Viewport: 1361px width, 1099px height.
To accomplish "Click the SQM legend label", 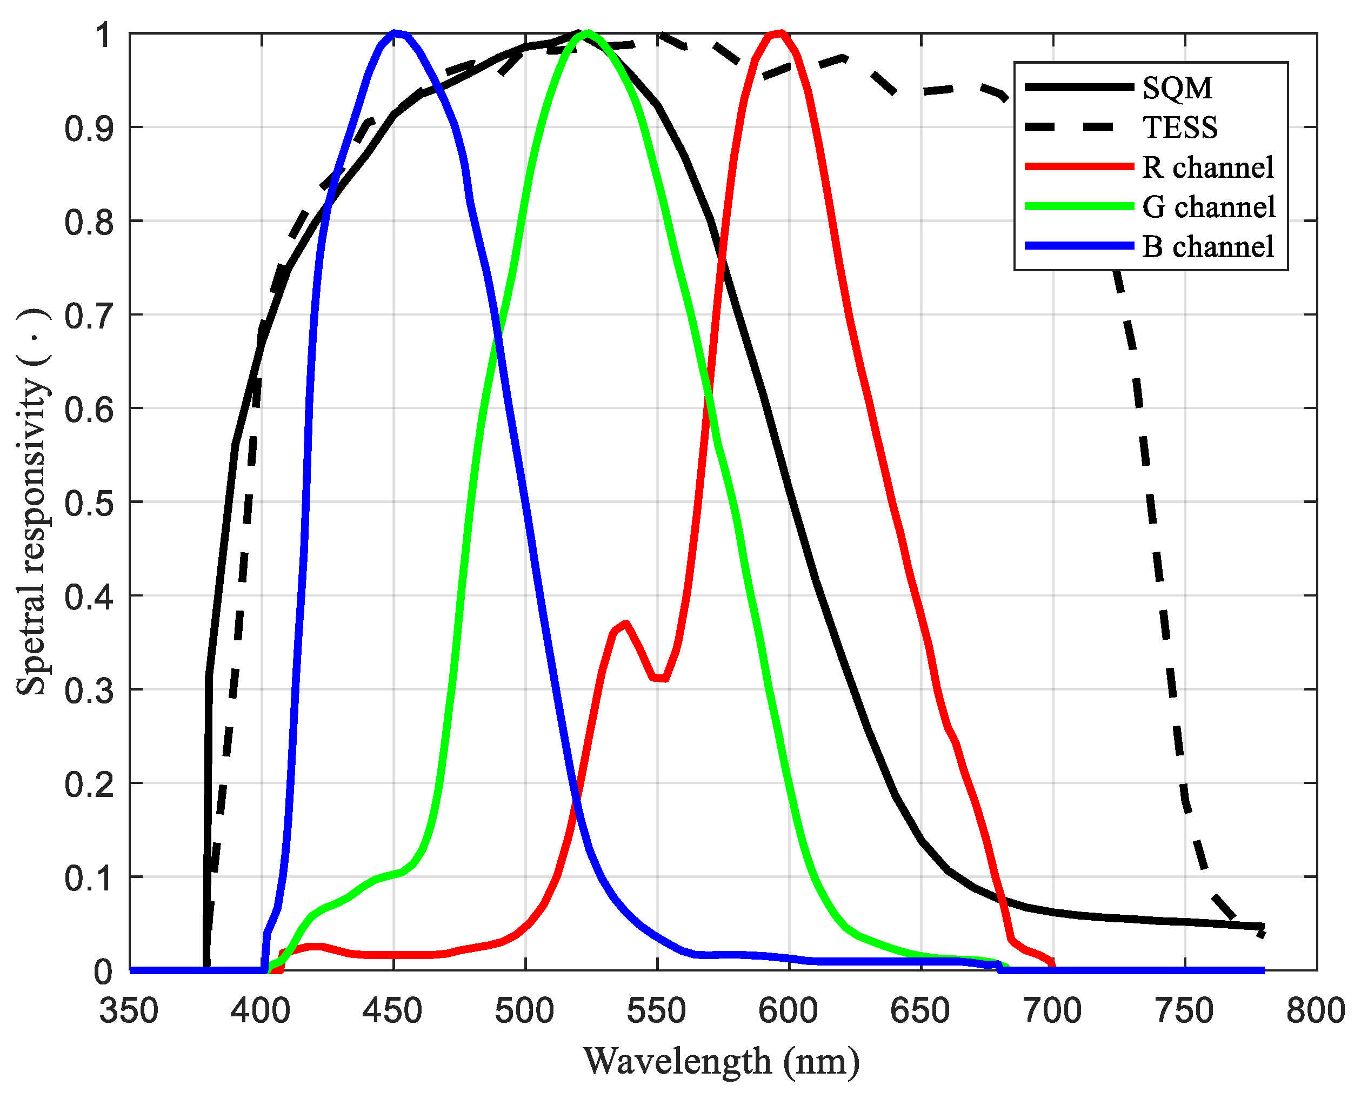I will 1177,88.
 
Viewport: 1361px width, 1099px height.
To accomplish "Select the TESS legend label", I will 1179,128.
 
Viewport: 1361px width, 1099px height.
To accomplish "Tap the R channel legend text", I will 1207,167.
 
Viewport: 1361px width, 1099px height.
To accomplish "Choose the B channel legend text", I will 1207,247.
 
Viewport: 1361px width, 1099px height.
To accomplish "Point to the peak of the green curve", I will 588,33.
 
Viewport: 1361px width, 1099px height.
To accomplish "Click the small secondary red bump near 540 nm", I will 624,624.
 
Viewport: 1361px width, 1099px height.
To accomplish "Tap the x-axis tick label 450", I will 392,1011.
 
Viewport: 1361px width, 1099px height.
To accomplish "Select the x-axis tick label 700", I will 1052,1011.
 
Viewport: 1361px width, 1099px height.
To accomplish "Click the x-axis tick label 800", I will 1316,1011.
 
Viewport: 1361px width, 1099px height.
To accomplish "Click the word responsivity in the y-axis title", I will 32,468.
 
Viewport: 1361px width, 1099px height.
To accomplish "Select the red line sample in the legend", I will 1078,166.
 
